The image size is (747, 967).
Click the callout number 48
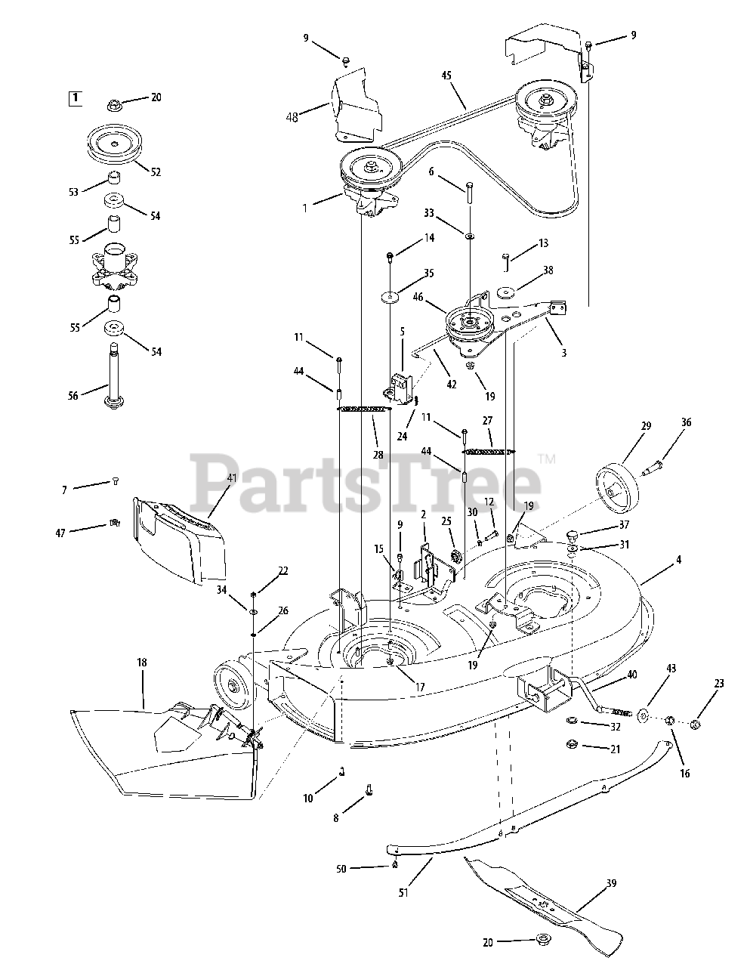pyautogui.click(x=292, y=118)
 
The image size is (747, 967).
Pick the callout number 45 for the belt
pyautogui.click(x=446, y=76)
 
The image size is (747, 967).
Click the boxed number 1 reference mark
pyautogui.click(x=76, y=98)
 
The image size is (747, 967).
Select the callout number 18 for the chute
pyautogui.click(x=141, y=663)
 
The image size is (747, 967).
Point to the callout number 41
pyautogui.click(x=231, y=478)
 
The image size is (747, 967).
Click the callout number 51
pyautogui.click(x=403, y=892)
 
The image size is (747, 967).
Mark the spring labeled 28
pyautogui.click(x=365, y=409)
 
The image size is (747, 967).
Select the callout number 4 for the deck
pyautogui.click(x=679, y=560)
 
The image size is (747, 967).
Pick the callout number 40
pyautogui.click(x=631, y=675)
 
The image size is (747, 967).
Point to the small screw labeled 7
pyautogui.click(x=116, y=481)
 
